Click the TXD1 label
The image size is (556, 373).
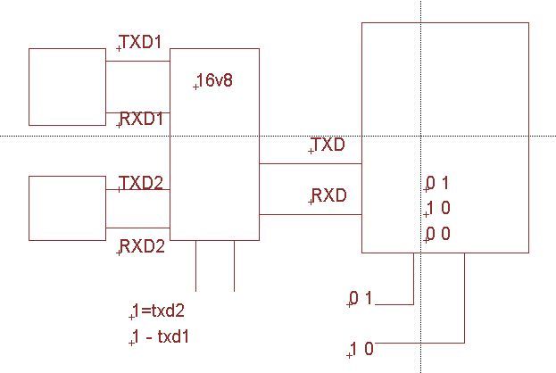click(141, 42)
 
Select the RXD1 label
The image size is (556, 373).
click(141, 119)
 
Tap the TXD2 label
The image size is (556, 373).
click(141, 183)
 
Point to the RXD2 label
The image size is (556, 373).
click(142, 246)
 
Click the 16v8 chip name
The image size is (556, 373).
click(214, 81)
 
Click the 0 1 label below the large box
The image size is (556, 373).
click(361, 298)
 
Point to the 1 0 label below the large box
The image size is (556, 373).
click(361, 349)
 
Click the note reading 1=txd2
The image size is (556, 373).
click(158, 311)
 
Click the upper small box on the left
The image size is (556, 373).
click(67, 87)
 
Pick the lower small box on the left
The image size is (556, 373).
click(67, 208)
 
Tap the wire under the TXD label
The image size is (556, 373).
click(310, 164)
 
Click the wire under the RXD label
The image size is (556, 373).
click(310, 214)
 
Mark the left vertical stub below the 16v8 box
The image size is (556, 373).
click(196, 266)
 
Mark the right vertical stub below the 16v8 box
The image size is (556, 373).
click(234, 266)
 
